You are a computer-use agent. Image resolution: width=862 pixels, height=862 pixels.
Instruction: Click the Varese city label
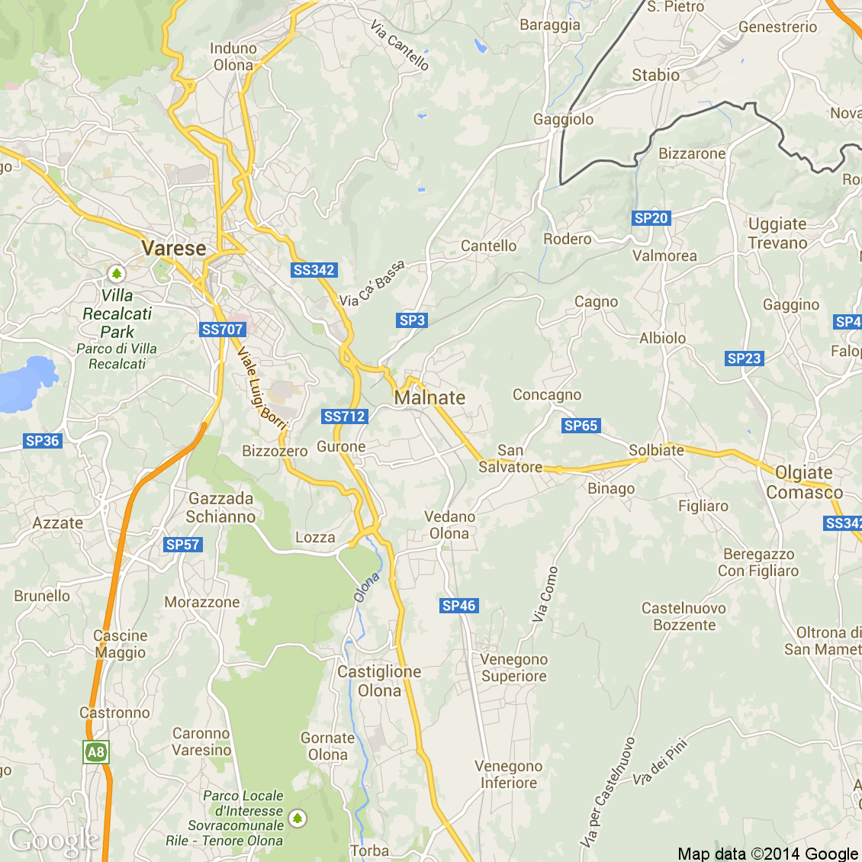(174, 249)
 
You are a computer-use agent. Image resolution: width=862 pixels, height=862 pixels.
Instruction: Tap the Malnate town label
(429, 397)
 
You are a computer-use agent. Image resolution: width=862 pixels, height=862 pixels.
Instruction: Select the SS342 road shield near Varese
(314, 270)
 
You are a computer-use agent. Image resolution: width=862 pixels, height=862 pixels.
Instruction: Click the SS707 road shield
(222, 330)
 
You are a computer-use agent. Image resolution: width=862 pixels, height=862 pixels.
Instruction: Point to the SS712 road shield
(345, 417)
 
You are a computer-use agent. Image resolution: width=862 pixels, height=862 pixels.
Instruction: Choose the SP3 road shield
(412, 320)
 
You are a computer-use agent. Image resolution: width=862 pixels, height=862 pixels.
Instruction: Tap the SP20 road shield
(651, 218)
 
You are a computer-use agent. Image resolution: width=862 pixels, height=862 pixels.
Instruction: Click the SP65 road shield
(581, 426)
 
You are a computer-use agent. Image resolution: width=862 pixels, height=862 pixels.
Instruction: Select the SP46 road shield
(458, 606)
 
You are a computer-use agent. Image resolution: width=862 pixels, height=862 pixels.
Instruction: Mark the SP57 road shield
(182, 545)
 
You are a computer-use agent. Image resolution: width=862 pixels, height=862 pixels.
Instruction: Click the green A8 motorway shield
(95, 753)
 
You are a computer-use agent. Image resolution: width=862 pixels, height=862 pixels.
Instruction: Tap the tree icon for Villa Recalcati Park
(116, 273)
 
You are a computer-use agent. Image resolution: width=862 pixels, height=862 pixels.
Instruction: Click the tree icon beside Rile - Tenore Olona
(298, 819)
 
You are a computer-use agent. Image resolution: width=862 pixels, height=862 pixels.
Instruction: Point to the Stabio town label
(655, 76)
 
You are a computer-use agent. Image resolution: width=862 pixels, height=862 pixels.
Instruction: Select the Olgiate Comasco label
(804, 483)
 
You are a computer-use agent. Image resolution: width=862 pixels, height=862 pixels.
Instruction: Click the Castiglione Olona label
(379, 681)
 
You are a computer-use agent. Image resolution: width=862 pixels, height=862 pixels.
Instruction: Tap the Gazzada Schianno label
(220, 507)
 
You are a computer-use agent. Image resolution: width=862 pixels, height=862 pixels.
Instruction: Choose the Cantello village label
(488, 246)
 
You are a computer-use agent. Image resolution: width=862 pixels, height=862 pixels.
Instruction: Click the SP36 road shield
(42, 441)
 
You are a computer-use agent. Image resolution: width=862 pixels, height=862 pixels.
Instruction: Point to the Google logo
(53, 840)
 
